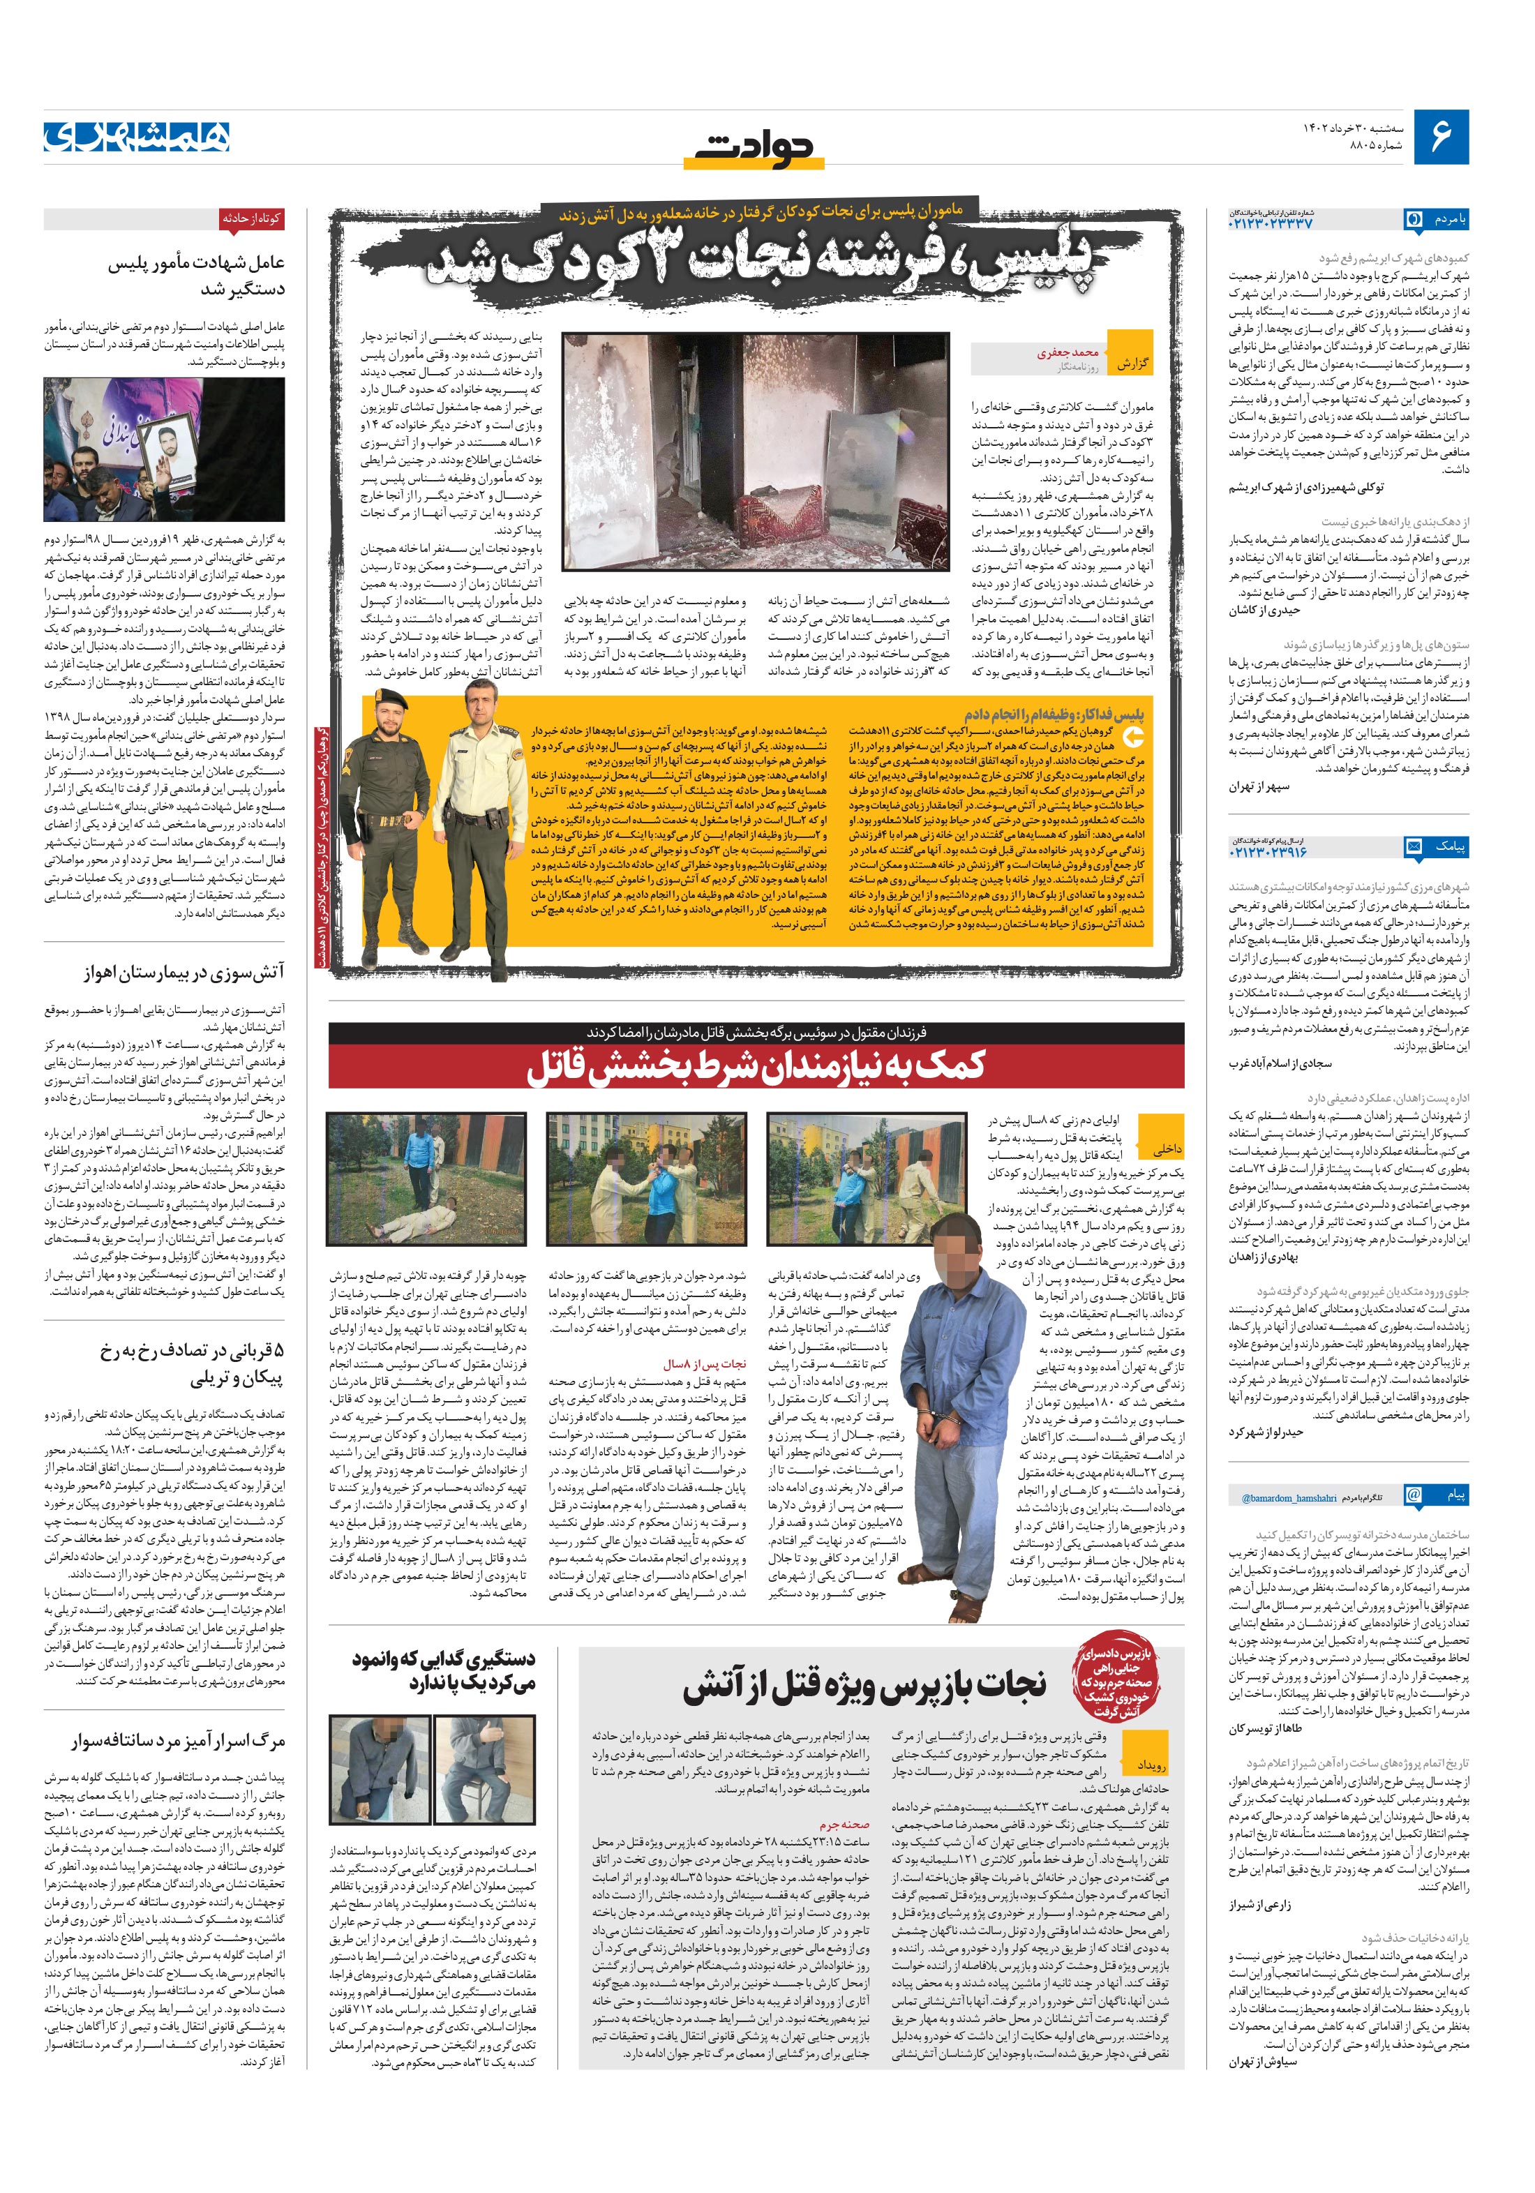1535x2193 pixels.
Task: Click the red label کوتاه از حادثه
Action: click(251, 218)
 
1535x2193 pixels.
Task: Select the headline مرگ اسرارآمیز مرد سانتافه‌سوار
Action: click(177, 1742)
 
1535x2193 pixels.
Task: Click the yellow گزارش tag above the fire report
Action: click(1133, 364)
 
